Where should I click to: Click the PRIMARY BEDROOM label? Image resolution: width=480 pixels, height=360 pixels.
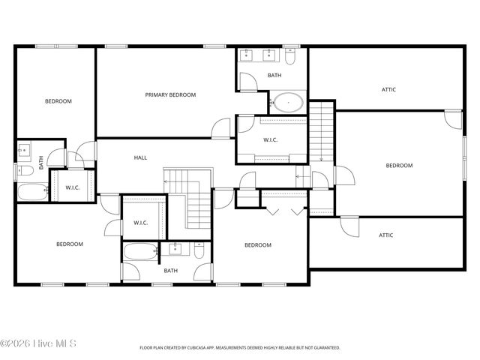coord(170,94)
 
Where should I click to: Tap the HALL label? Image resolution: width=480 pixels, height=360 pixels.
coord(140,157)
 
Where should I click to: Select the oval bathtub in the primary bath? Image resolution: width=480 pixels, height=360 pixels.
coord(287,102)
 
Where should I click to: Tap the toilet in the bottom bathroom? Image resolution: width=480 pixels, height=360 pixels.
coord(199,250)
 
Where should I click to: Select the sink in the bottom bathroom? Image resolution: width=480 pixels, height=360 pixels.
coord(175,249)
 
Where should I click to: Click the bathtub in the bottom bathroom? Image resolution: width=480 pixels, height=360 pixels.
coord(140,250)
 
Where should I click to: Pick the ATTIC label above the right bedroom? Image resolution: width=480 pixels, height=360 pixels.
coord(388,89)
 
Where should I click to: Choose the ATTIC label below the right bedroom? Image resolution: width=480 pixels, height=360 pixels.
coord(385,235)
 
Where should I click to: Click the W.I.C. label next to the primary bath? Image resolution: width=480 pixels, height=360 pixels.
coord(271,139)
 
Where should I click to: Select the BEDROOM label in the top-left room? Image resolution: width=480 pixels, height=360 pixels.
coord(58,100)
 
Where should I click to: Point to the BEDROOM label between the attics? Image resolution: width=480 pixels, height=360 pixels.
coord(399,166)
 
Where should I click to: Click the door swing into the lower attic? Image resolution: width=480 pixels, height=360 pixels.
coord(349,226)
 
